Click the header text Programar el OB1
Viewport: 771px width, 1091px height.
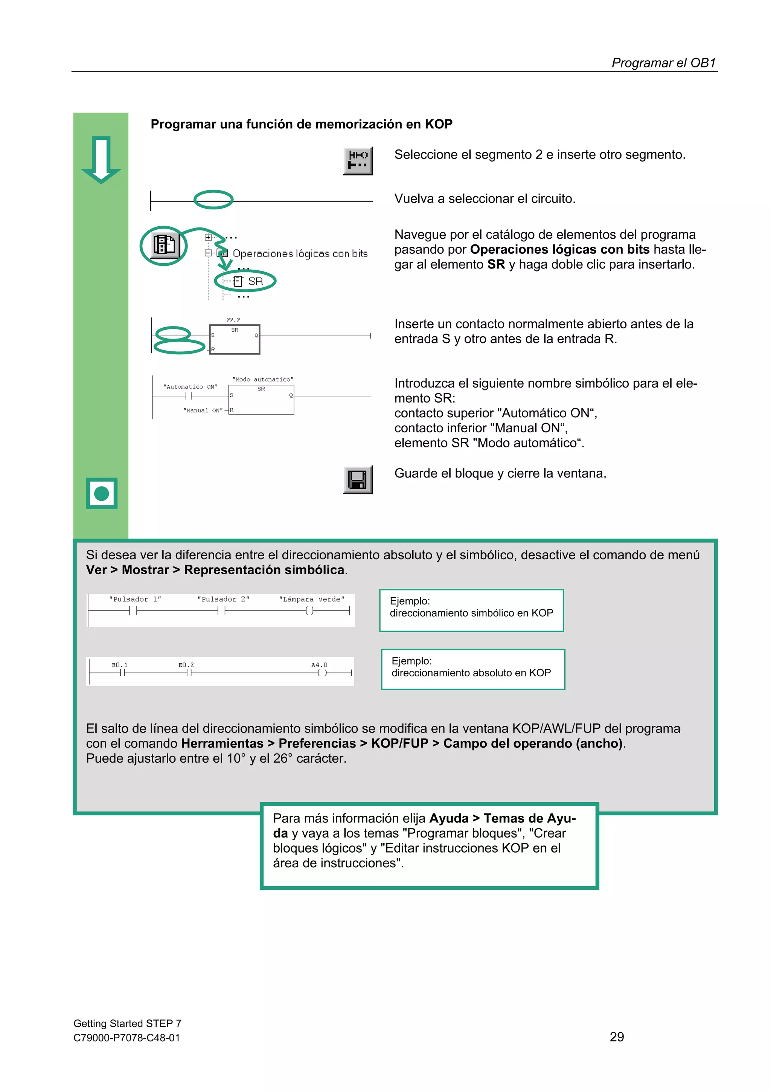point(663,63)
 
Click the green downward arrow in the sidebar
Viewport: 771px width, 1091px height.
point(101,160)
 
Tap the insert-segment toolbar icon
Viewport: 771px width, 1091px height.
point(358,160)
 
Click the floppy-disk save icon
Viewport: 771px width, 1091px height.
point(358,479)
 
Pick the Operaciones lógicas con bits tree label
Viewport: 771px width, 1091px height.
point(300,254)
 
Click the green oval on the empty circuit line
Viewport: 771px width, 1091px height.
point(213,200)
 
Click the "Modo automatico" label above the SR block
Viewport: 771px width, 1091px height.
point(263,379)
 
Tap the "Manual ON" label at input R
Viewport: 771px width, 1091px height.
point(203,410)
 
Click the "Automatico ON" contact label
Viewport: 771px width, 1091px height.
point(190,387)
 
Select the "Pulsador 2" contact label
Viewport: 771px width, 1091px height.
point(223,599)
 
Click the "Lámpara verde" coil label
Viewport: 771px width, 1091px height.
point(312,599)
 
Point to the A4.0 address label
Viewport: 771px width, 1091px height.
point(319,665)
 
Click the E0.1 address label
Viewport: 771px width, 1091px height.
point(120,665)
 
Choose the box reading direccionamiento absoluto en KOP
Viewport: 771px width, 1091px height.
point(473,669)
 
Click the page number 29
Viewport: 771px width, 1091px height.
point(617,1036)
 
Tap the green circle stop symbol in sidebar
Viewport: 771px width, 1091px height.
point(102,493)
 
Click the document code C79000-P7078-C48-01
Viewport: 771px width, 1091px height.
point(127,1038)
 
